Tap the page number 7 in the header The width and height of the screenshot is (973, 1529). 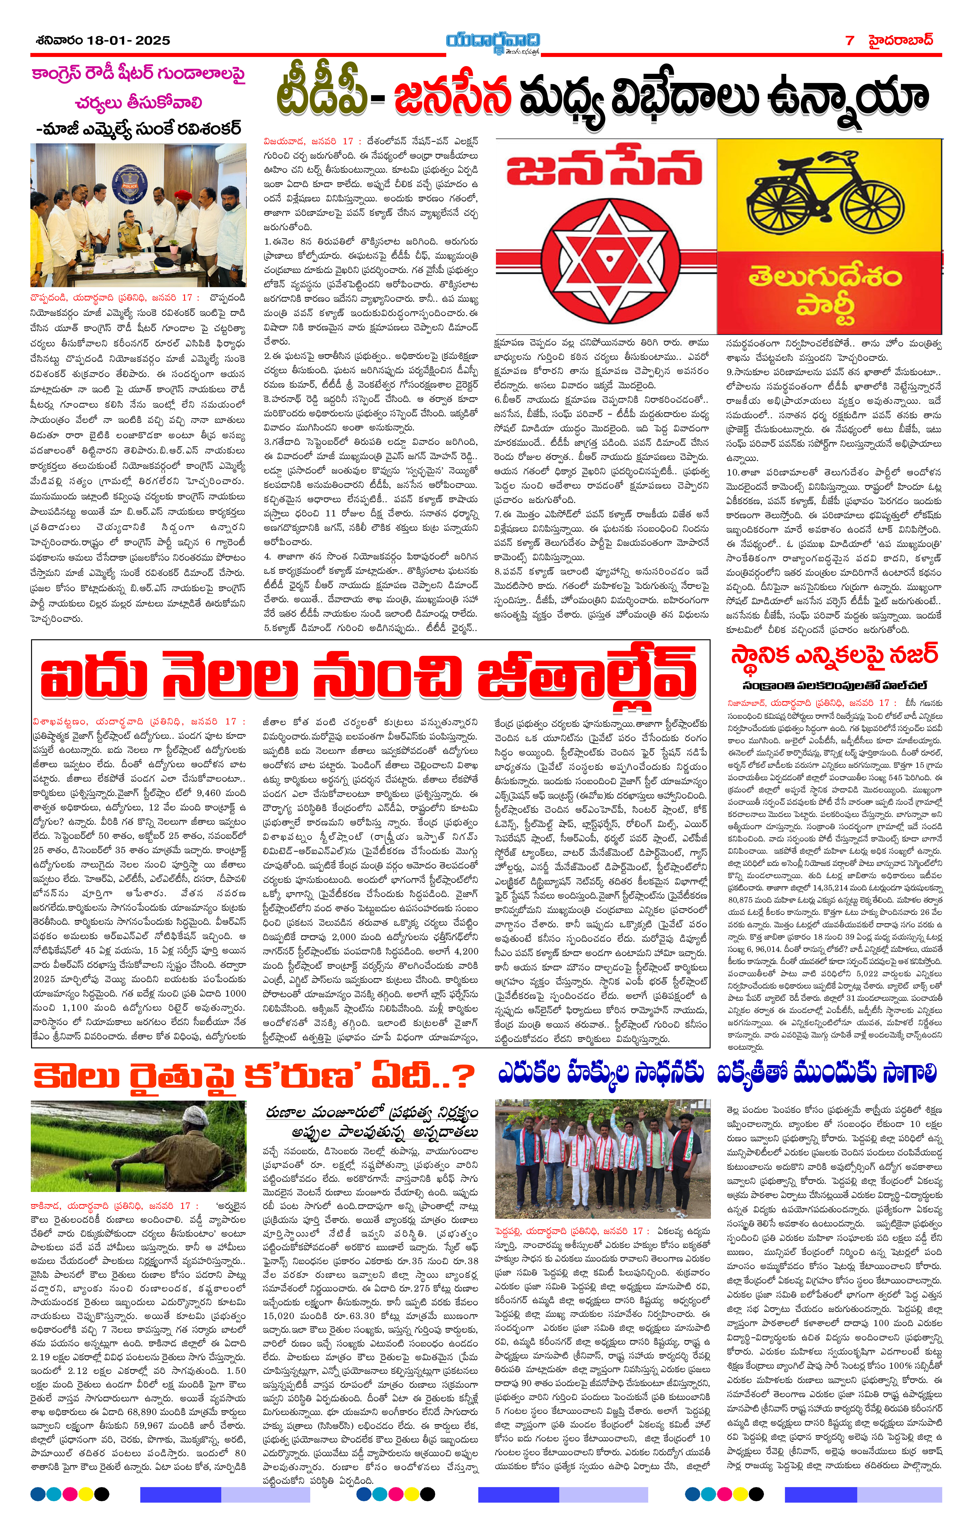click(850, 40)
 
